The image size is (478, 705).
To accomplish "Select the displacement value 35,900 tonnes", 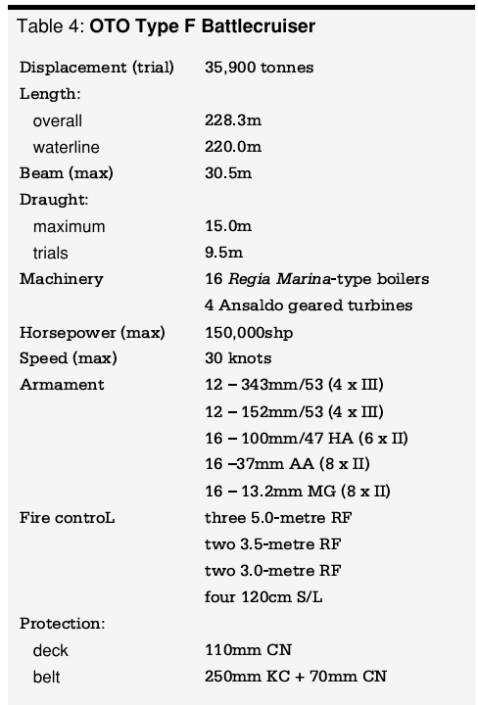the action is (260, 68).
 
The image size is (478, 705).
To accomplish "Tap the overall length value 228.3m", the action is (233, 120).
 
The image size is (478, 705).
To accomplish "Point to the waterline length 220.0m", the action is (233, 147).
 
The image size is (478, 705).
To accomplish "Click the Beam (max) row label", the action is (67, 173).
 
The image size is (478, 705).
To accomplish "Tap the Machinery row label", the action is (61, 279).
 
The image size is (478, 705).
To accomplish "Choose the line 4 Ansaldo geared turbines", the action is (309, 305).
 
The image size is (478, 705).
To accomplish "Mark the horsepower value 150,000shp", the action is (249, 332).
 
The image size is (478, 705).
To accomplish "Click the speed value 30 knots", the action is (238, 358).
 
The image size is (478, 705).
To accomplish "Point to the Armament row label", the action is (62, 385).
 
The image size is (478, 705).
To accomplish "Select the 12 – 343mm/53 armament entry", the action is (294, 385).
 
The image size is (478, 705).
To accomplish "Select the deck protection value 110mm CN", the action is (248, 649).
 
